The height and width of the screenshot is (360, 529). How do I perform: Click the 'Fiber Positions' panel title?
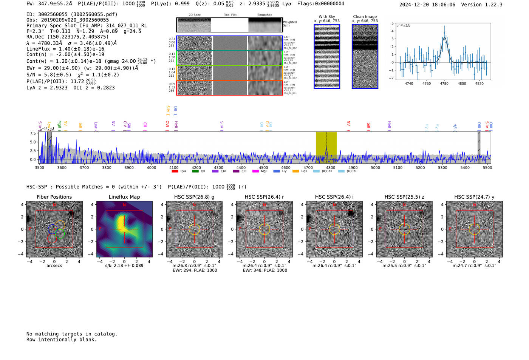click(54, 197)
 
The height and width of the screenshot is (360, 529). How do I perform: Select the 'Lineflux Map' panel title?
click(124, 197)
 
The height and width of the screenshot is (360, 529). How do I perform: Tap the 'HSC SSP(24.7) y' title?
click(474, 197)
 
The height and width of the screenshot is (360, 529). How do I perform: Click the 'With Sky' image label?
click(327, 17)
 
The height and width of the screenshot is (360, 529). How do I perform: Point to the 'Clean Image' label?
click(365, 17)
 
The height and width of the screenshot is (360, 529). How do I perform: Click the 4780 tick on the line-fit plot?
click(444, 83)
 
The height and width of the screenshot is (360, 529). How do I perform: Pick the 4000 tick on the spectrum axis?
click(151, 168)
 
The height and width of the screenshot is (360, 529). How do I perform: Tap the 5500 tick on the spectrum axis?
click(487, 168)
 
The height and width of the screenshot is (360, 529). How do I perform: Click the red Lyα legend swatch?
click(175, 172)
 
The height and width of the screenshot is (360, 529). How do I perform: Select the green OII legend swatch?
click(195, 172)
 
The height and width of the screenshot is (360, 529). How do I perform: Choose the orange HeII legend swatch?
click(296, 172)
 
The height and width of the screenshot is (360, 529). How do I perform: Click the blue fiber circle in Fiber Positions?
click(53, 229)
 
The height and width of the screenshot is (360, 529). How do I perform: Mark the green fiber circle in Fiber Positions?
click(60, 233)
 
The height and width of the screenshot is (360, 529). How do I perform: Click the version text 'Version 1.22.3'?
click(482, 5)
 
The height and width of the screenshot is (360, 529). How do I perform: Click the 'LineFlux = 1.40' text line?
click(65, 49)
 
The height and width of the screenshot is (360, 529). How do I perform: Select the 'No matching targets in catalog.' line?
click(72, 334)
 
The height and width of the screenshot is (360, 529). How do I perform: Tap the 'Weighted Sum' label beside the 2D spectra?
click(290, 24)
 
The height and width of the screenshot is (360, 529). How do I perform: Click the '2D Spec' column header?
click(194, 15)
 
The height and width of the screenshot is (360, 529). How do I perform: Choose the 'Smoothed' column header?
click(264, 15)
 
